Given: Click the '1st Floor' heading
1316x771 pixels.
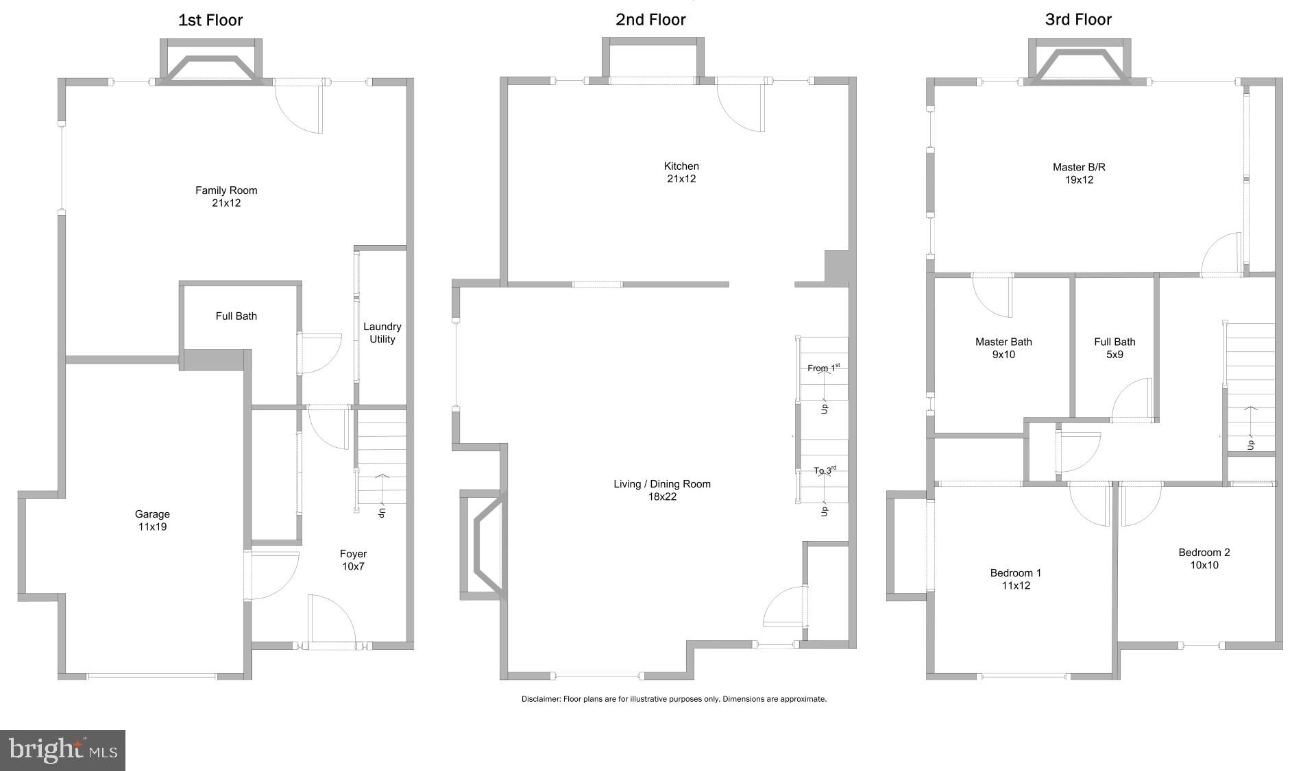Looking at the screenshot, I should tap(210, 21).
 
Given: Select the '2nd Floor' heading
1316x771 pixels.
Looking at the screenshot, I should tap(650, 20).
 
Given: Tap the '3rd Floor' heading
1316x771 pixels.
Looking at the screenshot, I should tap(1078, 20).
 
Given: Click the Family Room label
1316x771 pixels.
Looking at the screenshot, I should tap(226, 197).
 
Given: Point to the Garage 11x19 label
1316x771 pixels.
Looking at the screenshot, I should tap(152, 520).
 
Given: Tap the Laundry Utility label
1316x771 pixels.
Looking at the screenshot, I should tap(382, 333).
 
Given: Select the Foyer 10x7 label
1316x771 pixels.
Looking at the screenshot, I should tap(353, 560).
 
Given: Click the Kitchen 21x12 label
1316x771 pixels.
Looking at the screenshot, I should tap(681, 173).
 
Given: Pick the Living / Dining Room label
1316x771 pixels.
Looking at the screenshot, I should tap(662, 490).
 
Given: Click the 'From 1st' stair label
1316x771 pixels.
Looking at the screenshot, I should tap(822, 368).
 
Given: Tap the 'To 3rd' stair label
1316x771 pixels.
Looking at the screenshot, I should tap(825, 470).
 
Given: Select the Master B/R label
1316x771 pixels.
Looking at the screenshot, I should tap(1079, 173).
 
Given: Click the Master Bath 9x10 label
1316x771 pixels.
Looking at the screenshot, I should tap(1003, 348).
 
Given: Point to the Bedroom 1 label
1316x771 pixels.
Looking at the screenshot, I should tap(1016, 579).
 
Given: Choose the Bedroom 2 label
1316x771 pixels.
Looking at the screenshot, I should tap(1204, 559).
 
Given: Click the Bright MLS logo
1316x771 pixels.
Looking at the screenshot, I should tap(63, 750).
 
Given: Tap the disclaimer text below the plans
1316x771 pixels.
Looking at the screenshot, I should tap(674, 699).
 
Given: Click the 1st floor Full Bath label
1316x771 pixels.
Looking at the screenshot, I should tap(236, 316).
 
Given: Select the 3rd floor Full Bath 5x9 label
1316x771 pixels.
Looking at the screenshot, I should tap(1114, 348).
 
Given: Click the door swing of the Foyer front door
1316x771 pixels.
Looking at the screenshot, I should tap(332, 620).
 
